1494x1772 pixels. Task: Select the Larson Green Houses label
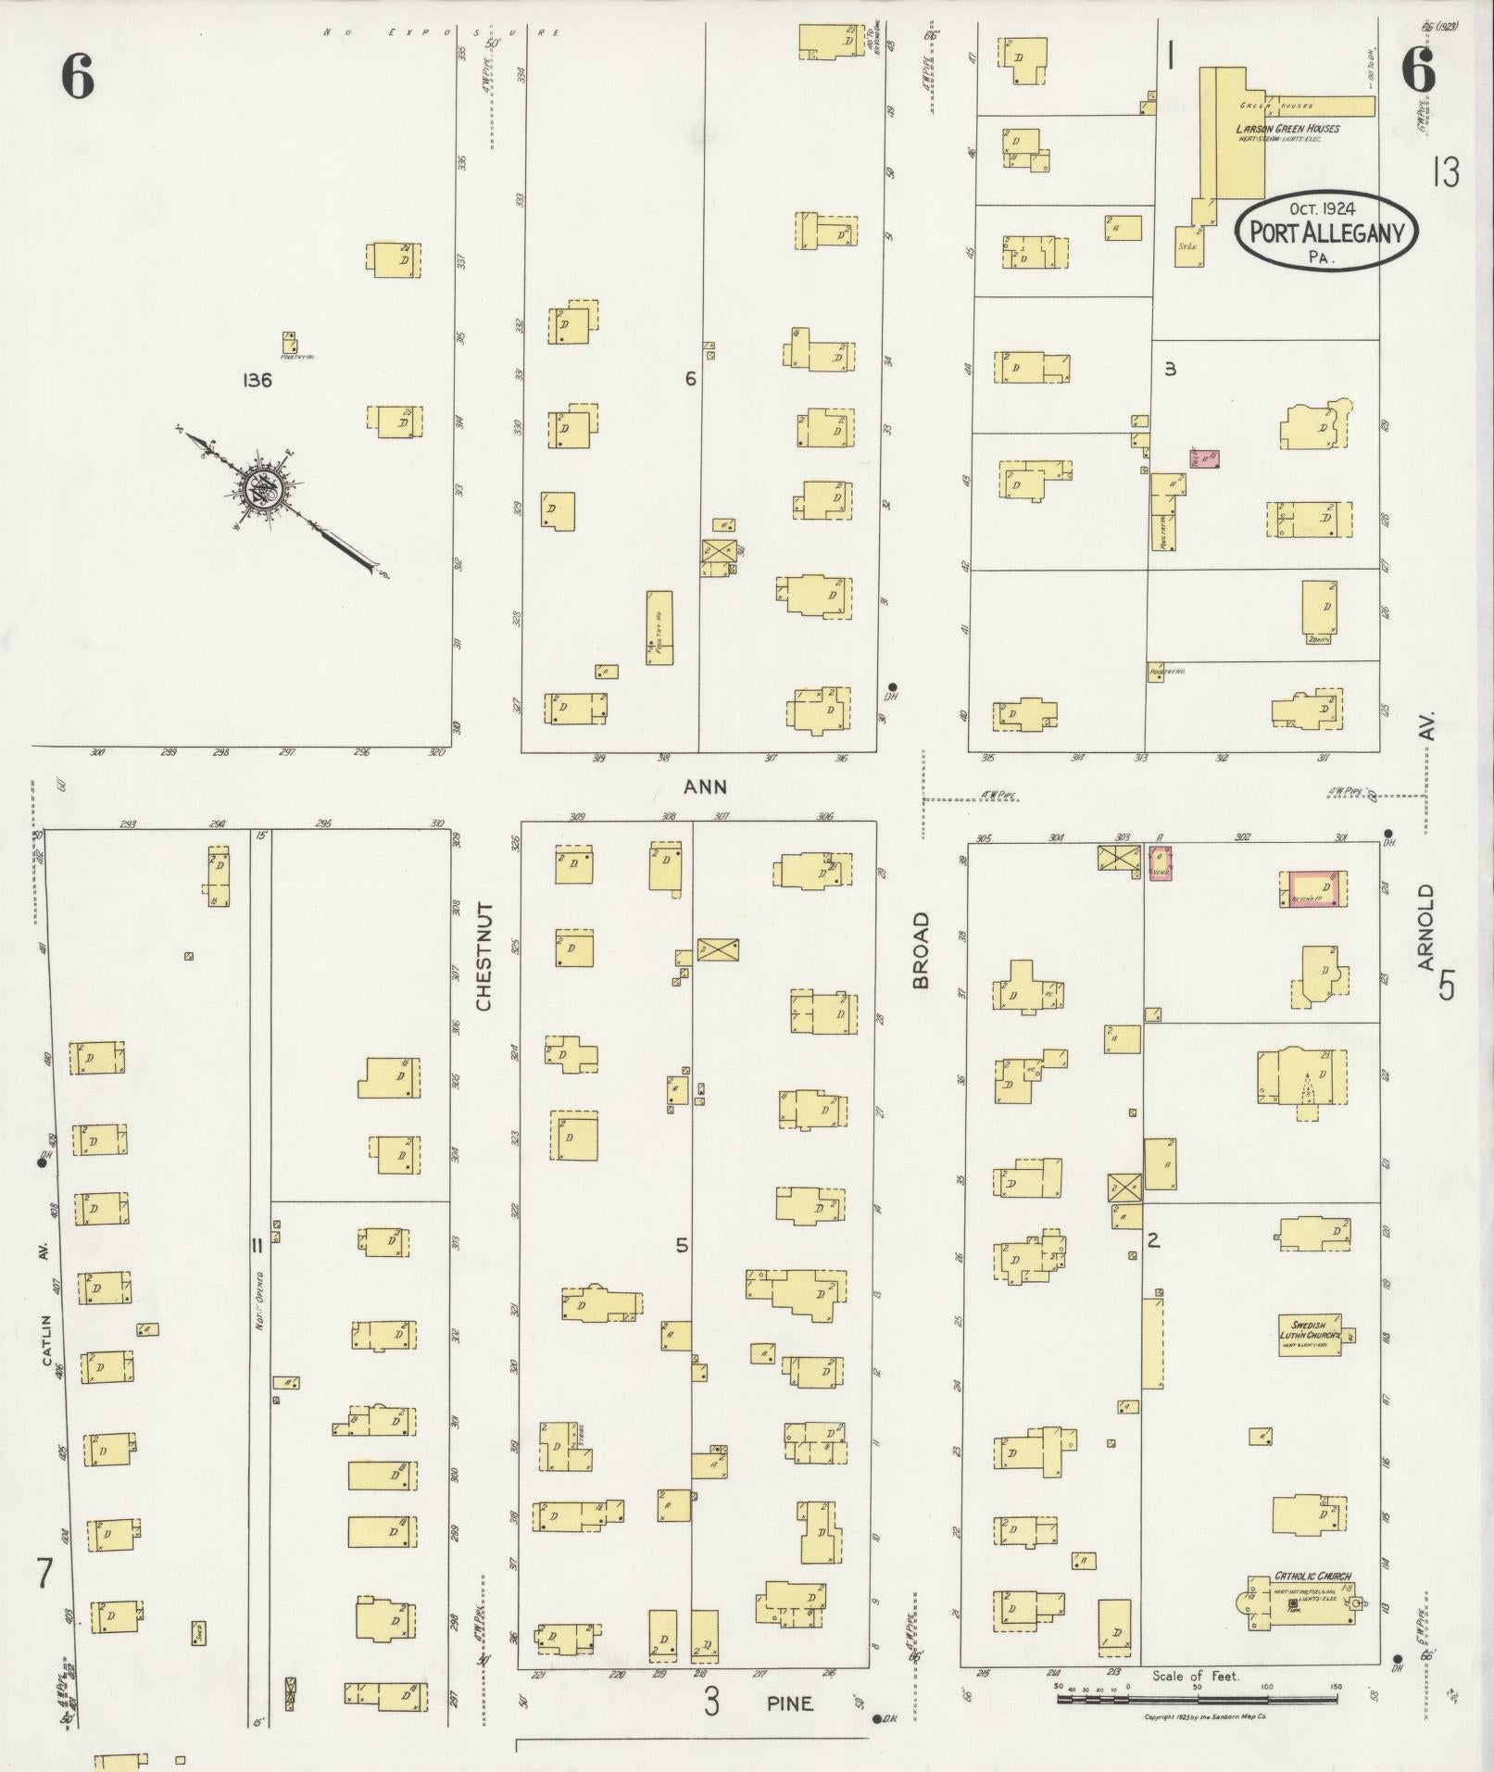coord(1287,129)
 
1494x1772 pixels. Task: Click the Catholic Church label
coord(1312,1576)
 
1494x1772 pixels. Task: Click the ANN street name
coord(705,787)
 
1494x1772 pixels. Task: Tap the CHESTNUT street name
coord(484,956)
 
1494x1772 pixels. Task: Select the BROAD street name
coord(921,950)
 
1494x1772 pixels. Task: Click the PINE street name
coord(789,1703)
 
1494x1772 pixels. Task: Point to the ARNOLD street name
coord(1426,926)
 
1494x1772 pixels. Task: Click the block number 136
coord(257,380)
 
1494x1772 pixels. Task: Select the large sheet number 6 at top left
coord(78,76)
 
